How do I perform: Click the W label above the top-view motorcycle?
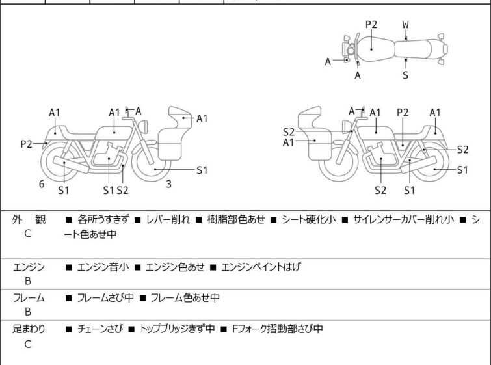[x=405, y=24]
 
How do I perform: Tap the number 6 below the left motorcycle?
[x=42, y=184]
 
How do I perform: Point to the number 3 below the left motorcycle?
[x=168, y=184]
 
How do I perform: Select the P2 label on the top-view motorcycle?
[x=371, y=24]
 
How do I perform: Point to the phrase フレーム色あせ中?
[x=185, y=298]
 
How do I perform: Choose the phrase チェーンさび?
[x=98, y=329]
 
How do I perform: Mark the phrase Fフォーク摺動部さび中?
[x=276, y=329]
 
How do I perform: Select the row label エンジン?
[x=29, y=266]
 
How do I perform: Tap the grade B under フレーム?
[x=28, y=312]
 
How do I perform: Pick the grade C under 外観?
[x=28, y=233]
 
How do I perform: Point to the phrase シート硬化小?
[x=309, y=219]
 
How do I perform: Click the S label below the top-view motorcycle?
[x=405, y=75]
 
